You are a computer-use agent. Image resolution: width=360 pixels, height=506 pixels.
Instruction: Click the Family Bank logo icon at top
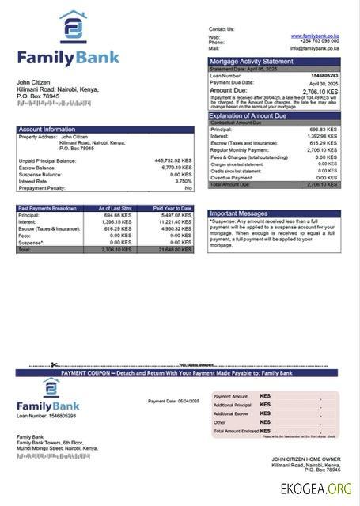click(74, 27)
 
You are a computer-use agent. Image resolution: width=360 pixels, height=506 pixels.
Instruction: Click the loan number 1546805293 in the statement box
click(327, 75)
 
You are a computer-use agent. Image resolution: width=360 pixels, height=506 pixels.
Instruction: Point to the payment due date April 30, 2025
click(328, 82)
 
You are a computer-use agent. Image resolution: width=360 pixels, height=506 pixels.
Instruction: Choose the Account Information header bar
click(47, 129)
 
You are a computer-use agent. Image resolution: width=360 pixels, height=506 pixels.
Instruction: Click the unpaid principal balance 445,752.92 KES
click(172, 160)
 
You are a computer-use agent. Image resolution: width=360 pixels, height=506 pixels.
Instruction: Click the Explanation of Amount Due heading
click(255, 115)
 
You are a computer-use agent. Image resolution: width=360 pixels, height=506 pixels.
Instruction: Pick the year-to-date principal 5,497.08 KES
click(176, 215)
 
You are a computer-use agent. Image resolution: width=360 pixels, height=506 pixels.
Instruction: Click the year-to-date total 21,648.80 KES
click(175, 249)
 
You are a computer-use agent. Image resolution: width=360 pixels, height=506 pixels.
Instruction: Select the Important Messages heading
click(240, 213)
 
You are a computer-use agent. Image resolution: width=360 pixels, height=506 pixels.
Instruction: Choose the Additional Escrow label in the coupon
click(231, 413)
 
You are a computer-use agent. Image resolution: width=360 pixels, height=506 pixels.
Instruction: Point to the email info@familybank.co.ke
click(314, 47)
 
